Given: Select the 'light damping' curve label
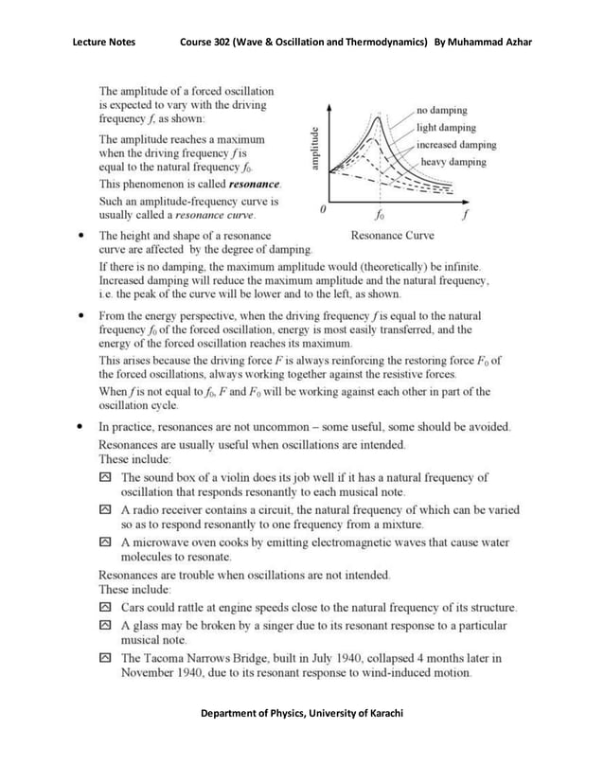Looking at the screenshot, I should [x=446, y=128].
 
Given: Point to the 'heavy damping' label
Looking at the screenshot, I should [x=453, y=162].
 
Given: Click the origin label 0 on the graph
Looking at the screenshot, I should [x=324, y=208].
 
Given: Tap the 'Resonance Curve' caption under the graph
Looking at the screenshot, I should [x=393, y=235].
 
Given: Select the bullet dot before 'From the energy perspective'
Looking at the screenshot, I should [x=84, y=315].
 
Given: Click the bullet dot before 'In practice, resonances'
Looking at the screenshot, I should [x=84, y=428].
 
